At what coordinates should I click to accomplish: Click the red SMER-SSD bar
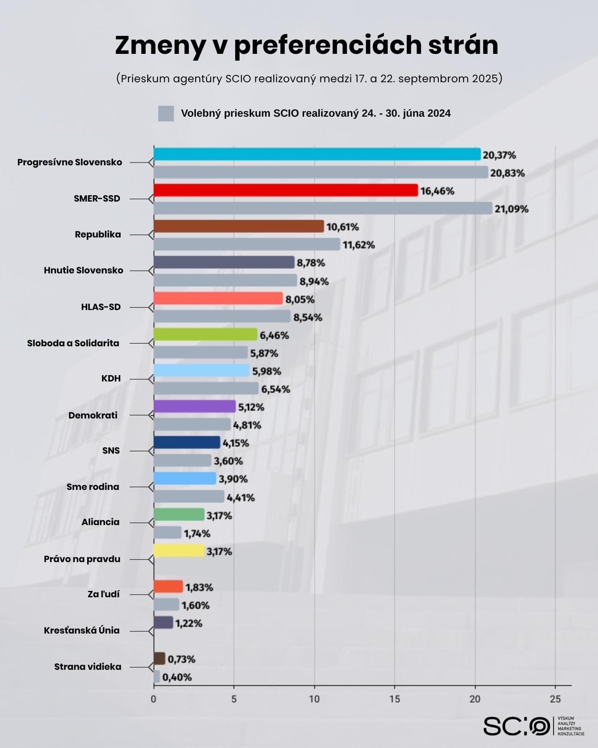(x=286, y=190)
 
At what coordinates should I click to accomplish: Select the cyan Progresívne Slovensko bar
(x=317, y=154)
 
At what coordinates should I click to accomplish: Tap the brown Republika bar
(x=238, y=226)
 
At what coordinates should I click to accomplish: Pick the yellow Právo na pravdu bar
(x=179, y=551)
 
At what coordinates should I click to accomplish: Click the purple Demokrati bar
(x=194, y=407)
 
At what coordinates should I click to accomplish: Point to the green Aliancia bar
(x=179, y=515)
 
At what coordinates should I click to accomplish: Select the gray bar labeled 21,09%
(x=323, y=208)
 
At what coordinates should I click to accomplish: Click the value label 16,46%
(x=437, y=191)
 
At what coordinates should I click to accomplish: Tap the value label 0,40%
(x=177, y=677)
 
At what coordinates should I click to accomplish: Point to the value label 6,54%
(x=275, y=389)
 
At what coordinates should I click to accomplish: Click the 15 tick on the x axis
(x=395, y=699)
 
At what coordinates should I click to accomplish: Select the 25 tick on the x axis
(x=555, y=699)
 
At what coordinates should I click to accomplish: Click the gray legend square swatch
(x=166, y=113)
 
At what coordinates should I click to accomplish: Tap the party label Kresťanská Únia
(x=81, y=631)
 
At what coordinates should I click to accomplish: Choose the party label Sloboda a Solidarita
(x=73, y=343)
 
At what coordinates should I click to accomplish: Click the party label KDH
(x=111, y=378)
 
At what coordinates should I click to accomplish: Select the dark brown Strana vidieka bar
(x=159, y=659)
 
